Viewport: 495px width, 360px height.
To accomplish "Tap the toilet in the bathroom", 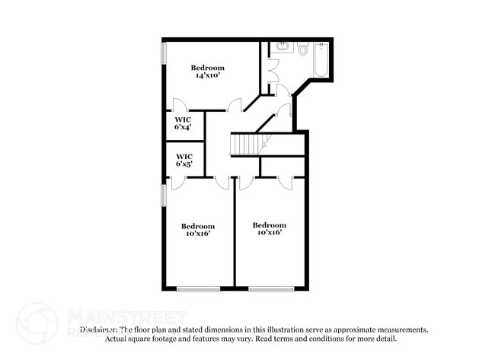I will click(302, 49).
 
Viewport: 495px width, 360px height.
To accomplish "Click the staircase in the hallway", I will click(248, 143).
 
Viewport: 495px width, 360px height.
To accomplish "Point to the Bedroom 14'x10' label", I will click(207, 72).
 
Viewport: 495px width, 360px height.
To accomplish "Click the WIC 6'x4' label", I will click(183, 123).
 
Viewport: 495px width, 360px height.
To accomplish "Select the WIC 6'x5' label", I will click(184, 160).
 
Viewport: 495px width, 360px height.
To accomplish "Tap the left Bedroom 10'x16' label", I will click(197, 229).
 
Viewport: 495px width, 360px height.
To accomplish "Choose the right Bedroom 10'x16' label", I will click(270, 228).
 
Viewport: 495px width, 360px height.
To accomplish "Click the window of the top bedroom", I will click(164, 53).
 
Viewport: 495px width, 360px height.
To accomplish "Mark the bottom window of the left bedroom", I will click(198, 288).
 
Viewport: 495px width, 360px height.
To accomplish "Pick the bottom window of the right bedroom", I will click(271, 288).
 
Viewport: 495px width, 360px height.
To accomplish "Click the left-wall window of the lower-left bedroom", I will click(163, 195).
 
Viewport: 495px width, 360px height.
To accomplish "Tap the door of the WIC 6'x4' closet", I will click(180, 106).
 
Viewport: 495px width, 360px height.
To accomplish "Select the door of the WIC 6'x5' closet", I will click(177, 183).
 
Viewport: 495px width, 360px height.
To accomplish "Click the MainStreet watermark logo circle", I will click(37, 323).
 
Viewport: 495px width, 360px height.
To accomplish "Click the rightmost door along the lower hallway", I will click(286, 183).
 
